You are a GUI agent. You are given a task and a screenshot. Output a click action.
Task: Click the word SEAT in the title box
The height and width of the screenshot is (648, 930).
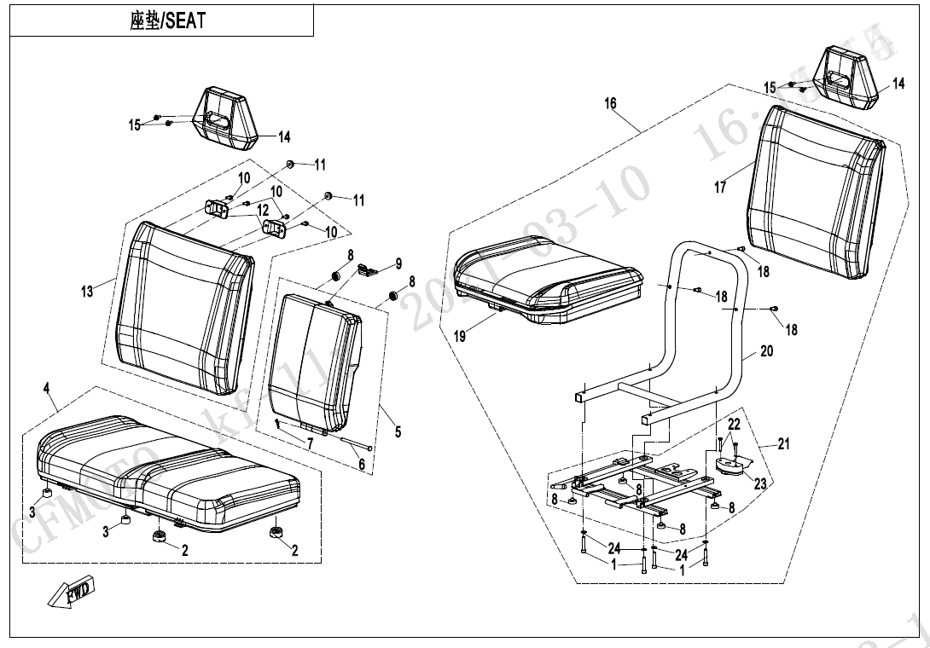(185, 21)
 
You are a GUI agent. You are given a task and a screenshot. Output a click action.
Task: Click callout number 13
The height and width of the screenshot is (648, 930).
(87, 292)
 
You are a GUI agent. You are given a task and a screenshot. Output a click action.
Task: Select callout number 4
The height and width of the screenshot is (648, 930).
(48, 390)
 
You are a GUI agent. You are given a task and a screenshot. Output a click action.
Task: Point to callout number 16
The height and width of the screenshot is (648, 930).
(610, 104)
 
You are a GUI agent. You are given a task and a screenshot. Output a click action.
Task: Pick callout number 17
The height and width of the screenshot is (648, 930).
(720, 187)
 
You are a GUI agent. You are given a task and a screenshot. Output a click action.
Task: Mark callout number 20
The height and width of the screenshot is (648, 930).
(766, 351)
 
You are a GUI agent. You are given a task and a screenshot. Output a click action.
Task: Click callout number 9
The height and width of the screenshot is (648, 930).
(398, 263)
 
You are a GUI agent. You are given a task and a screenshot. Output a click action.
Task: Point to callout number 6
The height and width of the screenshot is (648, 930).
(361, 465)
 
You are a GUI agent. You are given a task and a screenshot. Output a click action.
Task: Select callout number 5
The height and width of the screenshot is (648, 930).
(398, 432)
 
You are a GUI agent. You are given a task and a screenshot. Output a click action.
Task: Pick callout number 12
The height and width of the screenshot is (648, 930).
(263, 210)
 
